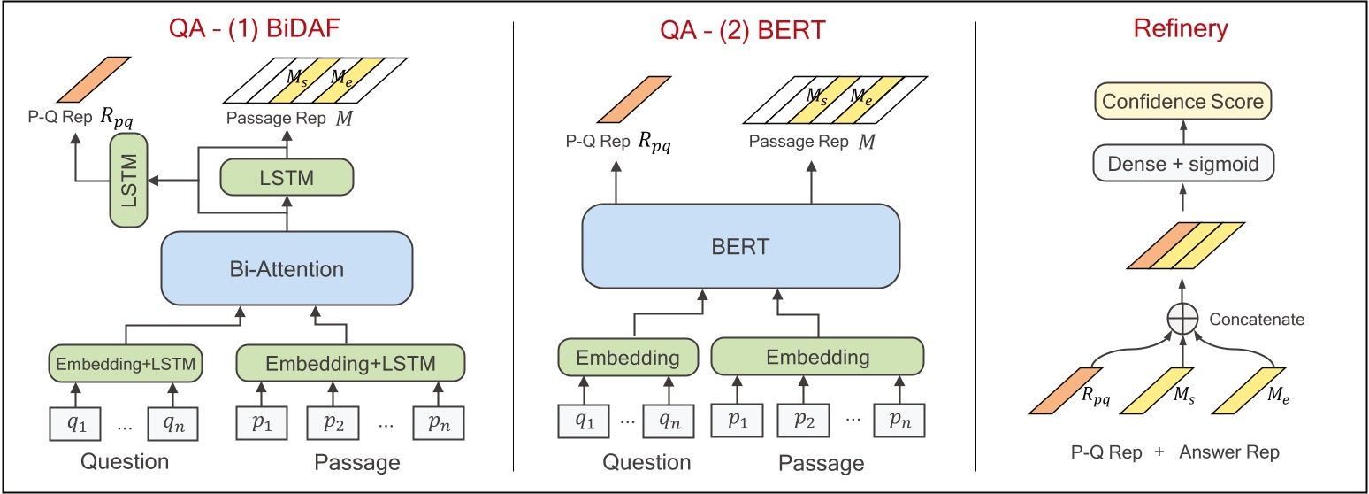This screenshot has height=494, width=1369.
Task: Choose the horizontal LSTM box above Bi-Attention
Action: [286, 176]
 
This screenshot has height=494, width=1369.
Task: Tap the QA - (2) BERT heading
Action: [742, 30]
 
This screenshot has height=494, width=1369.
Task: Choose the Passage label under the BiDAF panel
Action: [356, 462]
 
